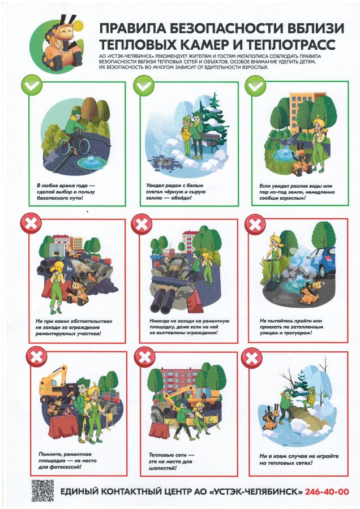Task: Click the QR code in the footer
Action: (x=42, y=490)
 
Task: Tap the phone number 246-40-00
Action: (x=327, y=492)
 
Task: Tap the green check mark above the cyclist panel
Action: (x=32, y=85)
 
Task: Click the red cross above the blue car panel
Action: (x=255, y=225)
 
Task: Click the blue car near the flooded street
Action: (x=322, y=262)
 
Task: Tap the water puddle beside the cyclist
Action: (x=92, y=161)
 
